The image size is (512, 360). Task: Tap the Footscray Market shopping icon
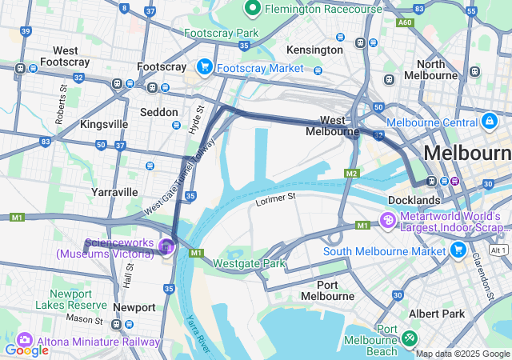pyautogui.click(x=204, y=67)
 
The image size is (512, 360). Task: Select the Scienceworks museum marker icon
pyautogui.click(x=166, y=246)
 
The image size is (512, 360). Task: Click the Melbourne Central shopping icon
pyautogui.click(x=489, y=122)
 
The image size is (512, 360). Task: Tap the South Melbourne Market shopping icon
pyautogui.click(x=458, y=250)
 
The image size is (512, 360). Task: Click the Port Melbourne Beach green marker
pyautogui.click(x=410, y=339)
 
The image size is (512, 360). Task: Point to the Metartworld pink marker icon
pyautogui.click(x=387, y=219)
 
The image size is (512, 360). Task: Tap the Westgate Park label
pyautogui.click(x=249, y=263)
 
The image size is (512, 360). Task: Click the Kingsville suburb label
pyautogui.click(x=104, y=125)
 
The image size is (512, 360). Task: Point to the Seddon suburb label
pyautogui.click(x=158, y=112)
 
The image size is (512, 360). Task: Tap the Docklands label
pyautogui.click(x=414, y=199)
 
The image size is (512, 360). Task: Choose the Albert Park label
pyautogui.click(x=437, y=314)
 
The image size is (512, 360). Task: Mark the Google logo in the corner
pyautogui.click(x=26, y=350)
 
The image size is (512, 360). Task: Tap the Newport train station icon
pyautogui.click(x=117, y=324)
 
